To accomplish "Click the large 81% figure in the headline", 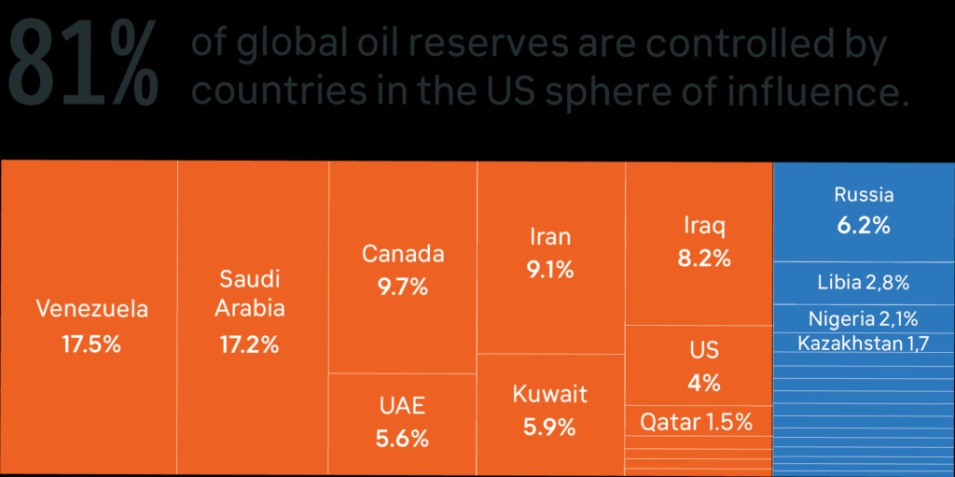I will (82, 64).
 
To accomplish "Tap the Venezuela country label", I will (91, 309).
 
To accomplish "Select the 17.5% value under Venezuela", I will (91, 344).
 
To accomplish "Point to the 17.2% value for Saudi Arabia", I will (250, 344).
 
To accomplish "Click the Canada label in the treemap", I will (403, 254).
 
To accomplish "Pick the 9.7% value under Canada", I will (403, 288).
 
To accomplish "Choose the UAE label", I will (402, 405).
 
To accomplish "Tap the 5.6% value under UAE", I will (402, 438).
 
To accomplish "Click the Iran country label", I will (549, 236).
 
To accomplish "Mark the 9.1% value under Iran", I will (549, 271).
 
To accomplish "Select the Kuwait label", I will (550, 394).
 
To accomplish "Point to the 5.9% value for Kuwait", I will (550, 428).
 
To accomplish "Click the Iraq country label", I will (704, 226).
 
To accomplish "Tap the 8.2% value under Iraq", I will (704, 259).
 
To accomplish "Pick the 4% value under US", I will (704, 383).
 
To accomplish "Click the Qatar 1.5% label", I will (696, 422).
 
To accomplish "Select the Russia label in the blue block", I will (864, 195).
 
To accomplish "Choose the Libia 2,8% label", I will (863, 282).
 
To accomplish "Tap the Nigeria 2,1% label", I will (863, 318).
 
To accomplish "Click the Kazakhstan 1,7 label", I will (863, 344).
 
